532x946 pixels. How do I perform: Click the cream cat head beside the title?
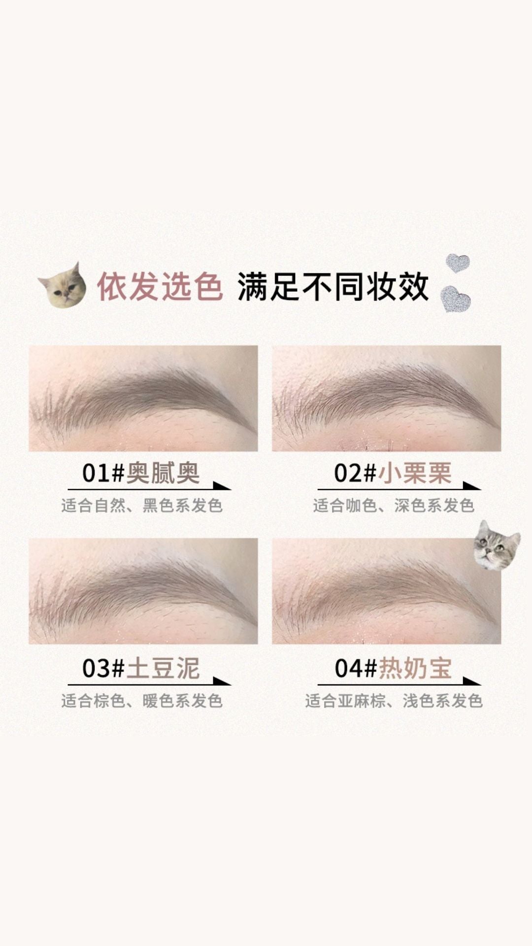[x=63, y=286]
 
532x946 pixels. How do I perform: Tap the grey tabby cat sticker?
[x=496, y=545]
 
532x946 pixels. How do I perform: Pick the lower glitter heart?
[x=456, y=299]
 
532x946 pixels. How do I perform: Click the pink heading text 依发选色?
[x=160, y=287]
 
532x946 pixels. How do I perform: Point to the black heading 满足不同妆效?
[x=333, y=287]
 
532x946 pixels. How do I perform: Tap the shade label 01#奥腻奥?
[x=141, y=473]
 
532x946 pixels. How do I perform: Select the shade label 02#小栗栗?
[x=393, y=473]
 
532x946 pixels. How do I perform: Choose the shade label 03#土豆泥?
[x=141, y=669]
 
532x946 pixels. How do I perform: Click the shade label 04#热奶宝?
[x=393, y=669]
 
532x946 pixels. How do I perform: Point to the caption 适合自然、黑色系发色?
[x=142, y=506]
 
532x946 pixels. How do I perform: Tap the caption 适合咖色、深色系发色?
[x=394, y=506]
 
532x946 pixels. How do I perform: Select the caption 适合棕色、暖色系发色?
[x=142, y=701]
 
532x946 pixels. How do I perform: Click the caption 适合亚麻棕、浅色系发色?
[x=394, y=701]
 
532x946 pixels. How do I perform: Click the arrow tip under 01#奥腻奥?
[x=231, y=489]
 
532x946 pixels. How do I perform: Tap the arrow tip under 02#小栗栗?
[x=480, y=489]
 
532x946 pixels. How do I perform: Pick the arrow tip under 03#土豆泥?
[x=231, y=685]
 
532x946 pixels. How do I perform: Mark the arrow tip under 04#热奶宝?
[x=480, y=685]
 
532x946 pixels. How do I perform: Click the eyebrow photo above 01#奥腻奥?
[x=143, y=398]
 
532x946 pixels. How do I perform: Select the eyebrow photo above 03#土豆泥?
[x=143, y=591]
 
